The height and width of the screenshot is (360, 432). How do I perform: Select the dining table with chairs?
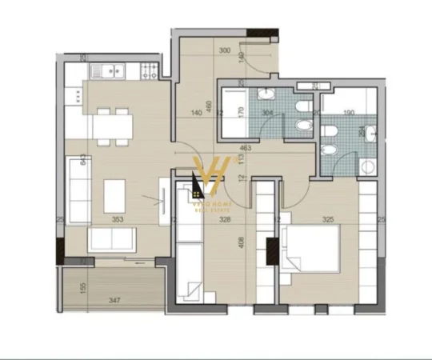click(112, 126)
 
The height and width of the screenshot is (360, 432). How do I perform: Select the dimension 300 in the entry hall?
click(225, 50)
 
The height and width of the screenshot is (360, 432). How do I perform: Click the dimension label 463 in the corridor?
click(245, 148)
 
